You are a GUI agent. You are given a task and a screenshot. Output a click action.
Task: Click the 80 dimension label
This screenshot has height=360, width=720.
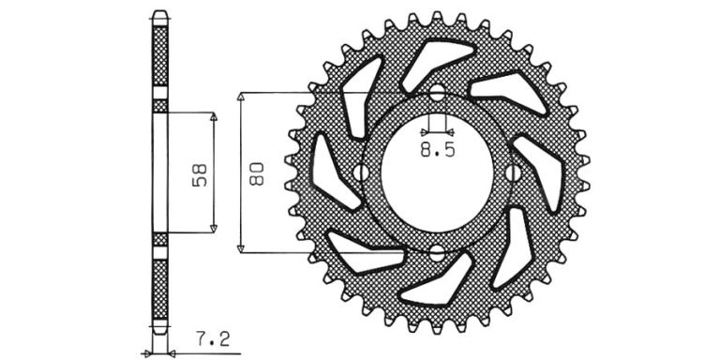(x=256, y=173)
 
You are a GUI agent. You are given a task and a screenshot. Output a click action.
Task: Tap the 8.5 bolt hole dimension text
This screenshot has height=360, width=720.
(x=438, y=149)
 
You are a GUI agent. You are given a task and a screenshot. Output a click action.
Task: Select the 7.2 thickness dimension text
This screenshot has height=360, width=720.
(x=213, y=339)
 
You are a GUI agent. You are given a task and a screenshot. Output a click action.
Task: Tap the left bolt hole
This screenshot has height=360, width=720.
(x=360, y=172)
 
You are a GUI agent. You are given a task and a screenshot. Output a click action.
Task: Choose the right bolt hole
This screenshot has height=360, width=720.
(x=514, y=172)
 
